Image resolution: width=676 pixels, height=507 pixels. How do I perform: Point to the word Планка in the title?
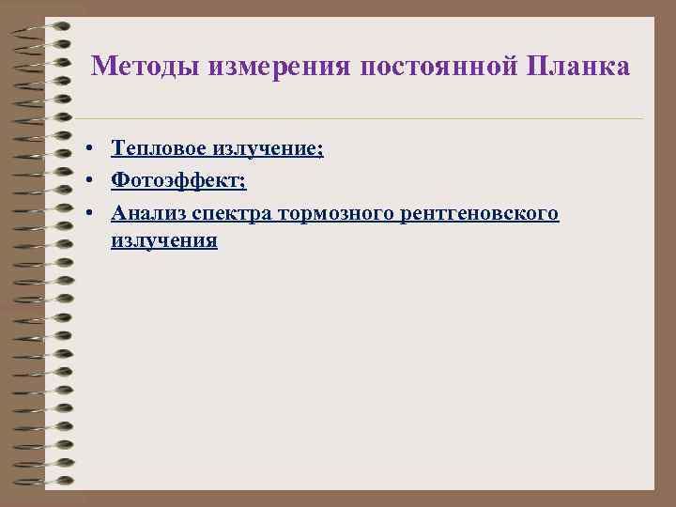click(x=578, y=68)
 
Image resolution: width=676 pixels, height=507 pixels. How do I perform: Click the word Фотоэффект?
click(x=177, y=180)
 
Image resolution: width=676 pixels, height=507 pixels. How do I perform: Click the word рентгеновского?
click(x=479, y=213)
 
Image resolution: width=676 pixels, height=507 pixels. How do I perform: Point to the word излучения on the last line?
click(x=164, y=240)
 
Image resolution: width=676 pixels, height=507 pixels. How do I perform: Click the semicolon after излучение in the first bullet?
click(x=321, y=150)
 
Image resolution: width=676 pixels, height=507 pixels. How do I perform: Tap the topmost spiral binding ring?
click(x=42, y=25)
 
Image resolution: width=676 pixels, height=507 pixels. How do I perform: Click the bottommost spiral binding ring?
click(x=42, y=481)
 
